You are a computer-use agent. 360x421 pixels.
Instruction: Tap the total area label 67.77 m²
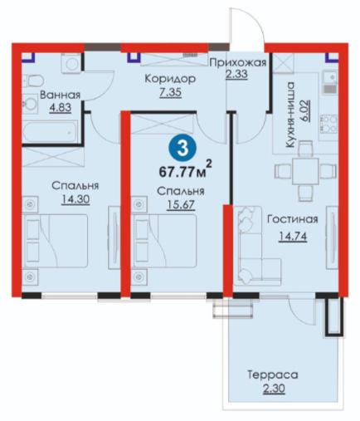186,169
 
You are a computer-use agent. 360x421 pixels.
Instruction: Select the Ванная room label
60,95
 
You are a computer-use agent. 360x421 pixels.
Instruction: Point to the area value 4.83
61,108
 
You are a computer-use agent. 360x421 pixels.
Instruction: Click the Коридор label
170,79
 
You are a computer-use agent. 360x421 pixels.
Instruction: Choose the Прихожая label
237,63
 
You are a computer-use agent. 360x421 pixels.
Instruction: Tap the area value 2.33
236,75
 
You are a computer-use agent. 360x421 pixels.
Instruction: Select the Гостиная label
293,219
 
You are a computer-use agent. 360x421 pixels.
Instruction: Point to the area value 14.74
293,237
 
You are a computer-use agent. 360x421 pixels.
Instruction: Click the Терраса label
273,375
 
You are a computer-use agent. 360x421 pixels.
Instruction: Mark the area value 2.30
273,389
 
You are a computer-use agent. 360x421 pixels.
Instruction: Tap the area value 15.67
181,205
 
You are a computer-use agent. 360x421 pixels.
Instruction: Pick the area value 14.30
75,199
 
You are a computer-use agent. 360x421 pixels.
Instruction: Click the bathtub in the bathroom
51,133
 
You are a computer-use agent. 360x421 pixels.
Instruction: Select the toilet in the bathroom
32,81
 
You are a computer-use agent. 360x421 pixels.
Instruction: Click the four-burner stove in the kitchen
329,125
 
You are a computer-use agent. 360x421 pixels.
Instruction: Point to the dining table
306,172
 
